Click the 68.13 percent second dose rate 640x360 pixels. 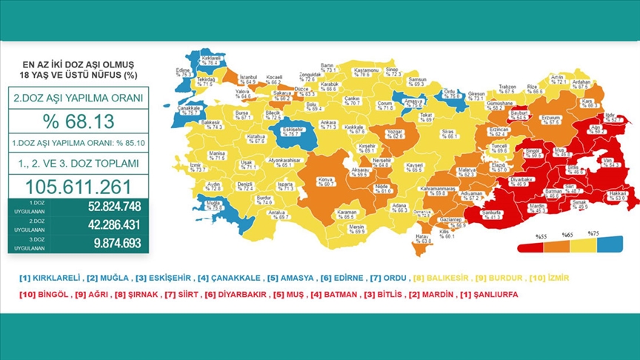tap(76, 121)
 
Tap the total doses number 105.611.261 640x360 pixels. tap(76, 186)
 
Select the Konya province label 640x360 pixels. tap(323, 180)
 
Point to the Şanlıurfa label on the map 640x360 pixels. tap(490, 213)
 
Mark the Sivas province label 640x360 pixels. tap(447, 134)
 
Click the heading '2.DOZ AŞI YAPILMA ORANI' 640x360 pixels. tap(76, 98)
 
